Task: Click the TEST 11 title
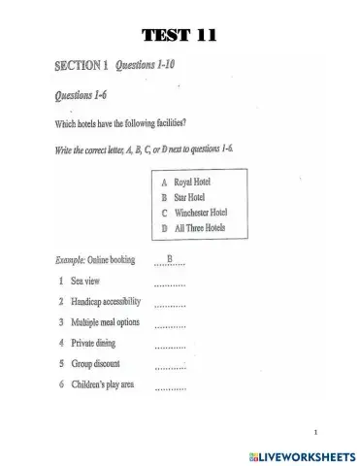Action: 179,36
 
